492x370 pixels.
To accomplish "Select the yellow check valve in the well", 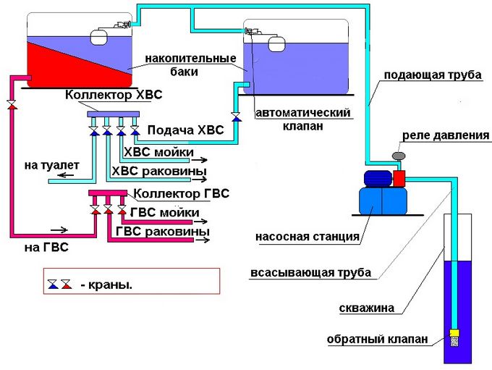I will tap(455, 336).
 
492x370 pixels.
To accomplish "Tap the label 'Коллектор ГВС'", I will tap(182, 193).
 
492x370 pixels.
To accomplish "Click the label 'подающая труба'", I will tap(433, 75).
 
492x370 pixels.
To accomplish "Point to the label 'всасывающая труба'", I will tap(310, 273).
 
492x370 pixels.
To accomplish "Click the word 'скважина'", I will tap(366, 308).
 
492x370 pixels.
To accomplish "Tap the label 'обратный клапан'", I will tap(378, 339).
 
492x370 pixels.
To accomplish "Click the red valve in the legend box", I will tap(66, 283).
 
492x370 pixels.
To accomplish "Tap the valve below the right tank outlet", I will tap(235, 117).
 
